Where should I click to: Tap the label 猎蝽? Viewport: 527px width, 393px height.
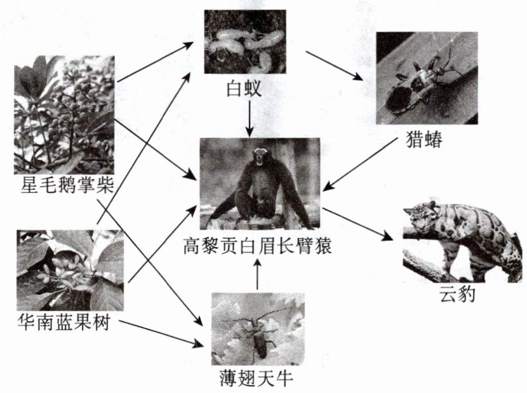(x=422, y=139)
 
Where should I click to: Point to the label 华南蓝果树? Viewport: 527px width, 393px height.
(x=63, y=323)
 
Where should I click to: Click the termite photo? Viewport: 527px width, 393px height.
(x=245, y=42)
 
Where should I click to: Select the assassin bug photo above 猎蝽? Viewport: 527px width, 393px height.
(x=426, y=77)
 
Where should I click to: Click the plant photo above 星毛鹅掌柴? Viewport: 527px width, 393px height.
(x=64, y=114)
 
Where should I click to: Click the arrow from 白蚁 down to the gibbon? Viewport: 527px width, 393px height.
(x=250, y=118)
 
